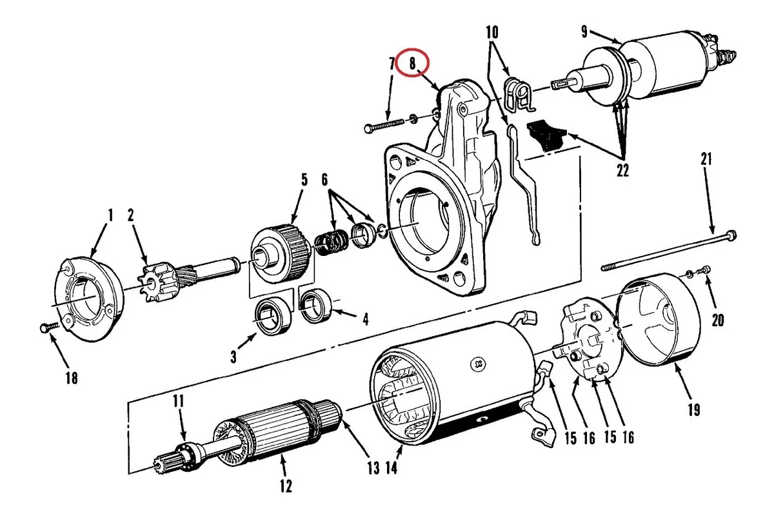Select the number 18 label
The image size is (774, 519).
pyautogui.click(x=71, y=378)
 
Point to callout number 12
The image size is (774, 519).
pyautogui.click(x=286, y=485)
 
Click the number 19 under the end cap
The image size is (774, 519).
pyautogui.click(x=693, y=408)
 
